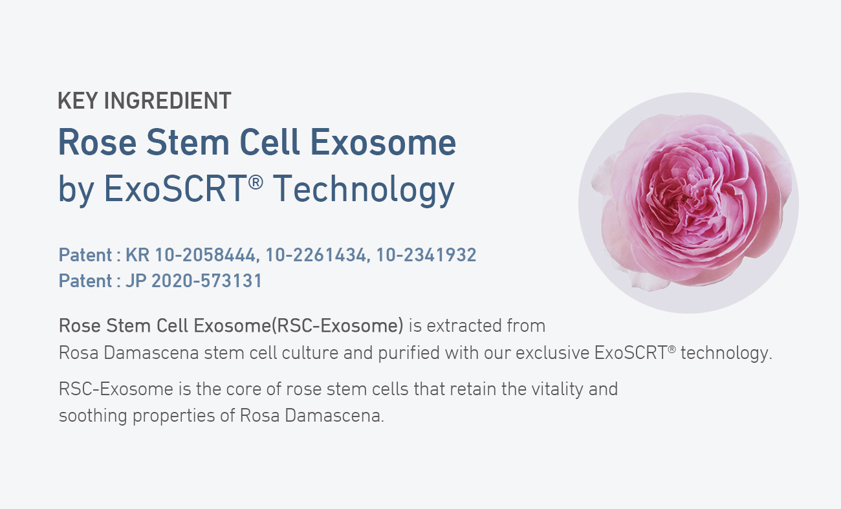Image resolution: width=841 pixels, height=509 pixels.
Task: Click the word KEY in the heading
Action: coord(78,101)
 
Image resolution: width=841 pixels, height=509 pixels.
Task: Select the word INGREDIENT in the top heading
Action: coord(168,101)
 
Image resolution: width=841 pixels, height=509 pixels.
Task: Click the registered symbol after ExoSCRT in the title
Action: coord(256,182)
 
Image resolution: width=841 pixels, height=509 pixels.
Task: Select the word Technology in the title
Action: coord(364,190)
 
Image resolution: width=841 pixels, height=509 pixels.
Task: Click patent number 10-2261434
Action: coord(316,255)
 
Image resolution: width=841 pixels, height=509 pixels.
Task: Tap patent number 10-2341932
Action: coord(426,255)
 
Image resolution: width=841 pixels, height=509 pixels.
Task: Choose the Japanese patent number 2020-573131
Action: coord(206,281)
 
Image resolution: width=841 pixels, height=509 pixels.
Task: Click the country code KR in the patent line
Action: coord(137,255)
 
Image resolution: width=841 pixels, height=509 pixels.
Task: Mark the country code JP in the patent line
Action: coord(136,281)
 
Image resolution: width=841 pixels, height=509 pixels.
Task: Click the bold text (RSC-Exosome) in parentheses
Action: coord(337,325)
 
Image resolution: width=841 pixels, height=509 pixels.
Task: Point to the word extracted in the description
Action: coord(464,325)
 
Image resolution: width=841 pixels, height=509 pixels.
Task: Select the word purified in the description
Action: coord(408,353)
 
